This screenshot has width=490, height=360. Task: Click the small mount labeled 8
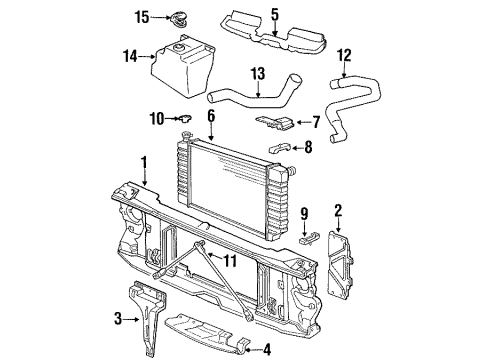point(282,148)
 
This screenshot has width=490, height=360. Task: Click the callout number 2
point(338,210)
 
